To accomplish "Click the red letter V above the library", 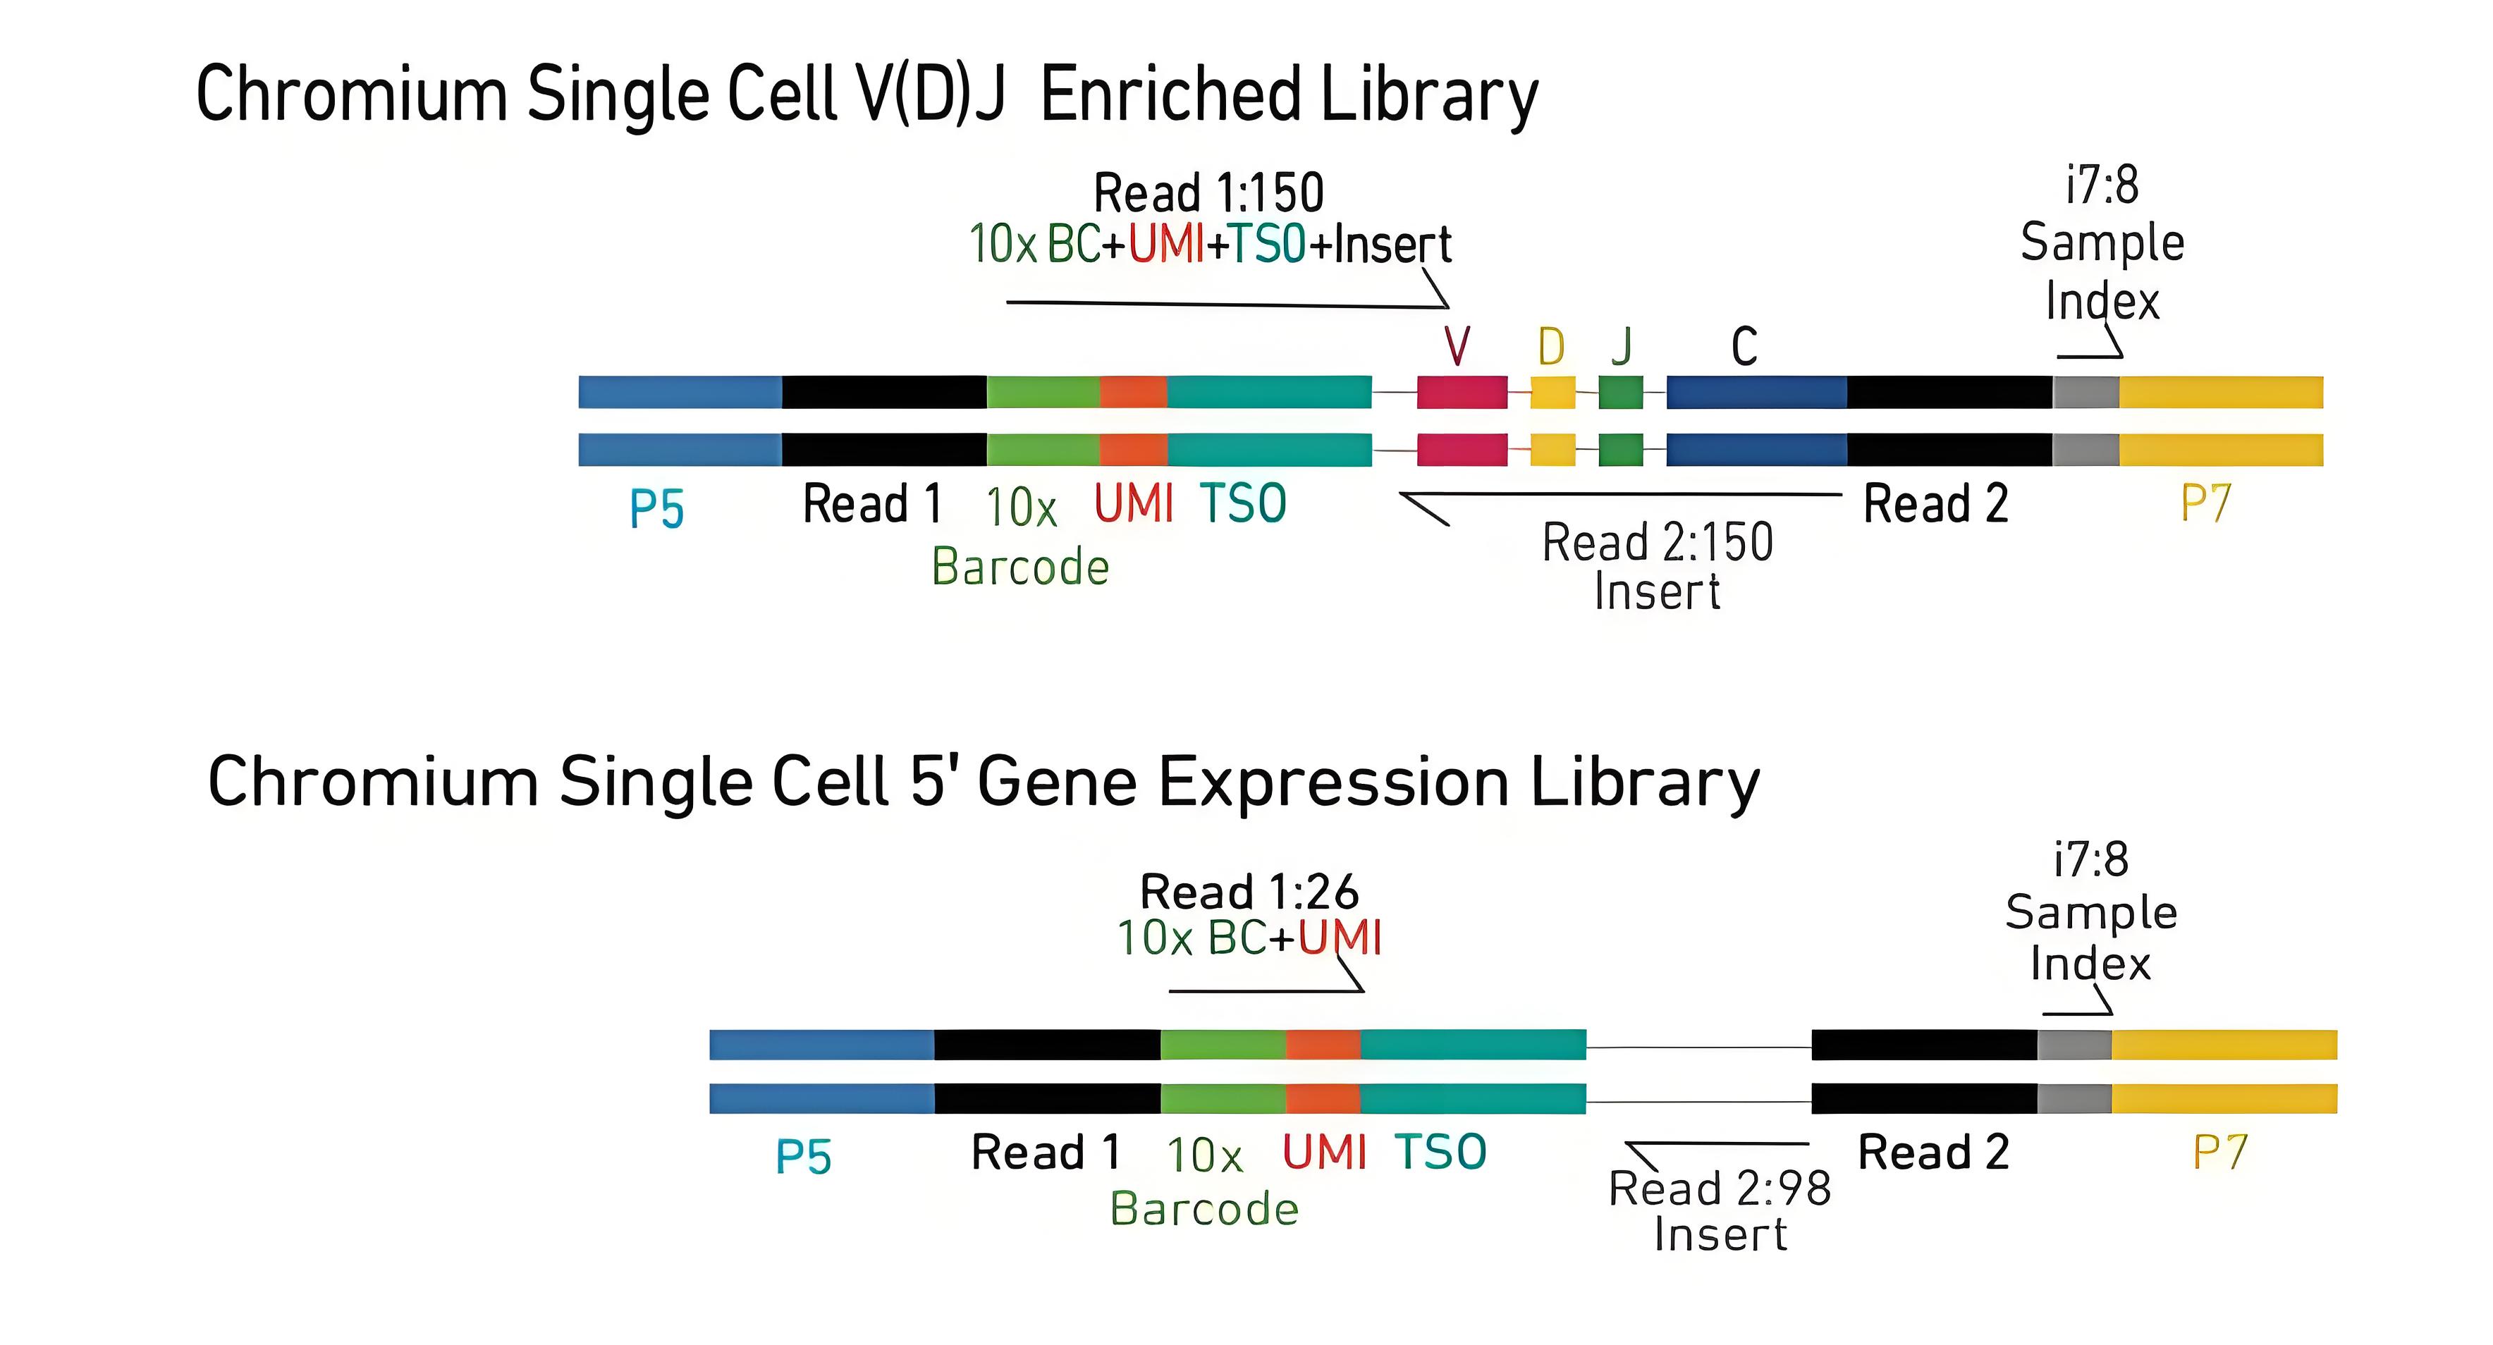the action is click(1457, 345).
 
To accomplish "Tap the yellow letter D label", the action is click(1550, 345).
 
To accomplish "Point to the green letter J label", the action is click(1622, 345).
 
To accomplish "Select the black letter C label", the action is click(1744, 345).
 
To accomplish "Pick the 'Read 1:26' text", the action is click(1249, 891).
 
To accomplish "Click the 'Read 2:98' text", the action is click(1720, 1189).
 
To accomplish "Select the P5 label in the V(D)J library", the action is click(657, 508).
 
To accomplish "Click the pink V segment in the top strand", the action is click(1462, 392).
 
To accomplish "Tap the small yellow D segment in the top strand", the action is click(1552, 392).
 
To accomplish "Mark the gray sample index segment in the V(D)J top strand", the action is click(2085, 392).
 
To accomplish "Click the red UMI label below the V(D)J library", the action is click(1133, 503).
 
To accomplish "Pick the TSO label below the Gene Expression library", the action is click(1440, 1151).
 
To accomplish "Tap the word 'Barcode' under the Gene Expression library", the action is click(1204, 1208).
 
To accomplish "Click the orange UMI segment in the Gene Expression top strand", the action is click(1323, 1045).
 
